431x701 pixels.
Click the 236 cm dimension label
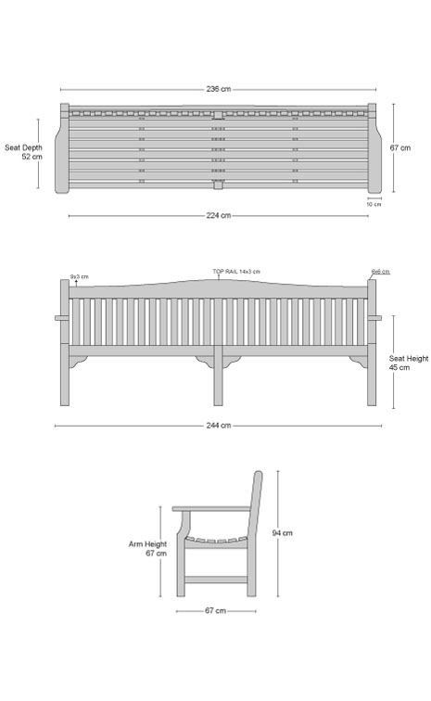(219, 89)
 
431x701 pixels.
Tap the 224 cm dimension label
(219, 215)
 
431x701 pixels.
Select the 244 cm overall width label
(219, 426)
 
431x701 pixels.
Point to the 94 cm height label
(282, 533)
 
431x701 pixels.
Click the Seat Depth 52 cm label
(24, 152)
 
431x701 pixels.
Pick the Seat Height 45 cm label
(408, 363)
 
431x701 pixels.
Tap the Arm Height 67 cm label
(147, 549)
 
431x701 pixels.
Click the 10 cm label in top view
(374, 204)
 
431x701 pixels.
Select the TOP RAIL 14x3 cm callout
(236, 272)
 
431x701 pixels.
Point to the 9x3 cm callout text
(79, 276)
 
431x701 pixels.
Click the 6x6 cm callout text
(380, 272)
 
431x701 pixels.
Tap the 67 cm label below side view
(215, 611)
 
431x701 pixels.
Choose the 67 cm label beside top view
(400, 147)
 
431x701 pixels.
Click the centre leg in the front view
(218, 376)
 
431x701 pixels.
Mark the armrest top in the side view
(211, 509)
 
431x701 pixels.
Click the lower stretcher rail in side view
(216, 580)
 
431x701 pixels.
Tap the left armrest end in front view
(62, 318)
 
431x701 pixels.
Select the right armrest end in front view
(374, 318)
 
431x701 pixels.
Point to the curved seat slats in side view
(216, 541)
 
